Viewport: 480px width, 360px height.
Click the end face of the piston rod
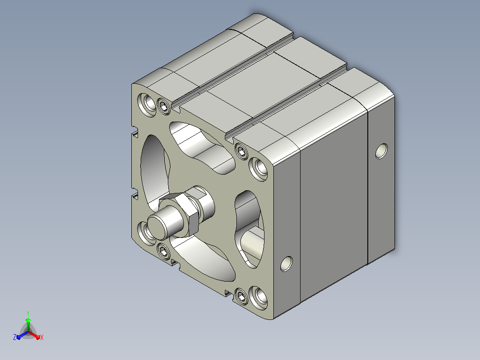[156, 226]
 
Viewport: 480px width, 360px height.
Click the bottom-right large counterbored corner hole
[259, 297]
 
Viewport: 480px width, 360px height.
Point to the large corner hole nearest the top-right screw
[259, 169]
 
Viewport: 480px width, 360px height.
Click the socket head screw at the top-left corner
[164, 106]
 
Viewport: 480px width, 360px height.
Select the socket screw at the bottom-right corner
[241, 296]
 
